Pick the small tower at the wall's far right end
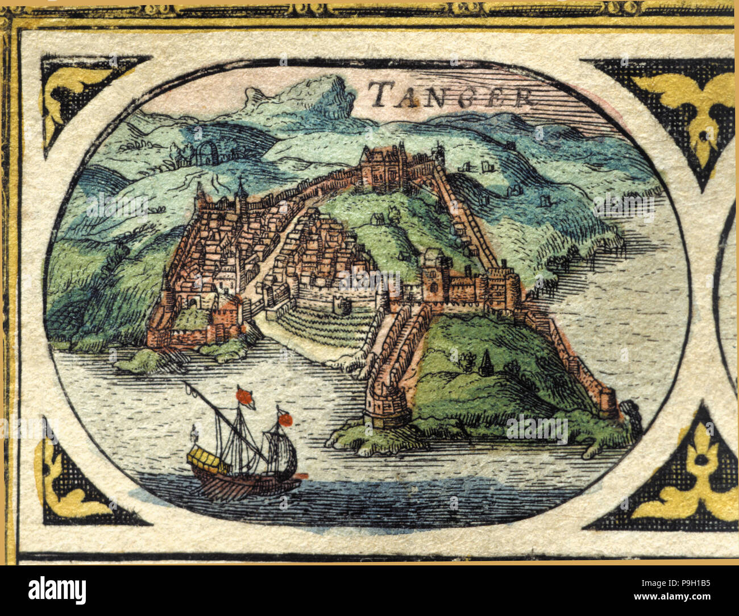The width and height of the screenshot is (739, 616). click(608, 400)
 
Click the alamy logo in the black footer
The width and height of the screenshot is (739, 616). click(57, 590)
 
